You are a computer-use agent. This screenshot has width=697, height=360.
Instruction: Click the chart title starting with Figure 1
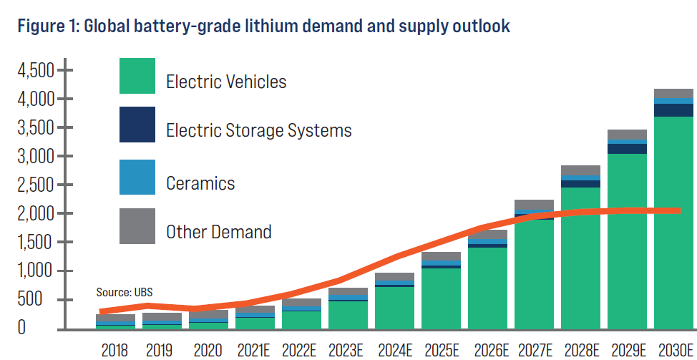pyautogui.click(x=263, y=27)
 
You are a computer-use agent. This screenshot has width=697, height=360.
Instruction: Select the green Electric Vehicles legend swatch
pyautogui.click(x=137, y=76)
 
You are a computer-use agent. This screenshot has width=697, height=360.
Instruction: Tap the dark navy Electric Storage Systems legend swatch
pyautogui.click(x=137, y=125)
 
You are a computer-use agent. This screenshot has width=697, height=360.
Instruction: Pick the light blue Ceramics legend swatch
pyautogui.click(x=137, y=177)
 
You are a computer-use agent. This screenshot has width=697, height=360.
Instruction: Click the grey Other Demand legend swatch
pyautogui.click(x=137, y=225)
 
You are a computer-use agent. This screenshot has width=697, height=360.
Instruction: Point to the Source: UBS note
pyautogui.click(x=125, y=292)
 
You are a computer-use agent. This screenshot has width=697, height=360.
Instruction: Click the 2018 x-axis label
pyautogui.click(x=116, y=350)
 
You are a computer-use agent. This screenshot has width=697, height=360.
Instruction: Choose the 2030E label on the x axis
pyautogui.click(x=674, y=350)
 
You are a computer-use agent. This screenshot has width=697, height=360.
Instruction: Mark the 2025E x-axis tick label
pyautogui.click(x=441, y=350)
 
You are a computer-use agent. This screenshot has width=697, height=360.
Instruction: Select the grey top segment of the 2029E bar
pyautogui.click(x=627, y=134)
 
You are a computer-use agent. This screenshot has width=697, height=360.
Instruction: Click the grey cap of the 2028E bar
pyautogui.click(x=580, y=170)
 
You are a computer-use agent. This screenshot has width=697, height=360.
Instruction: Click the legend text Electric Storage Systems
pyautogui.click(x=259, y=131)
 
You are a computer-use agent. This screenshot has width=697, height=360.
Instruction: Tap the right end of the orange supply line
pyautogui.click(x=678, y=210)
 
